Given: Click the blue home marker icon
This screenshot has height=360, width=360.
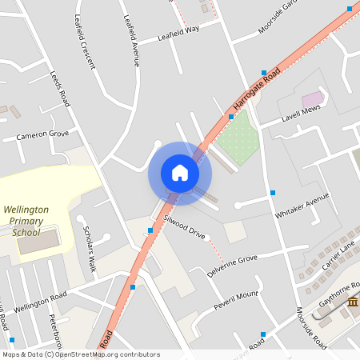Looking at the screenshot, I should (x=179, y=173).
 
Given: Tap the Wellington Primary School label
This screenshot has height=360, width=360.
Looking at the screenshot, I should (x=26, y=221).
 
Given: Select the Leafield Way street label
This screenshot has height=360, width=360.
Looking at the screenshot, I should (x=178, y=33).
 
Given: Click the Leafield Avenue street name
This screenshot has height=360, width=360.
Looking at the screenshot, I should (x=130, y=40).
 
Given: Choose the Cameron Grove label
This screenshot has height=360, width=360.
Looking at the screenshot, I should (x=42, y=135).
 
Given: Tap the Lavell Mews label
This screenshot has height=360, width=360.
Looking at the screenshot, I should (x=300, y=115).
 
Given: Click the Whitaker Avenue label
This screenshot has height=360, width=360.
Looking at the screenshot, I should (x=302, y=206).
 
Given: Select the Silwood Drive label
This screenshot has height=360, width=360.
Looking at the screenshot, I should (x=185, y=228).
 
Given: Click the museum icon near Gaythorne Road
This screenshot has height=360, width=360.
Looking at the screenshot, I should (x=352, y=302).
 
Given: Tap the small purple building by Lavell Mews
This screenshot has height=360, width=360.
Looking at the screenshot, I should (x=312, y=98).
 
